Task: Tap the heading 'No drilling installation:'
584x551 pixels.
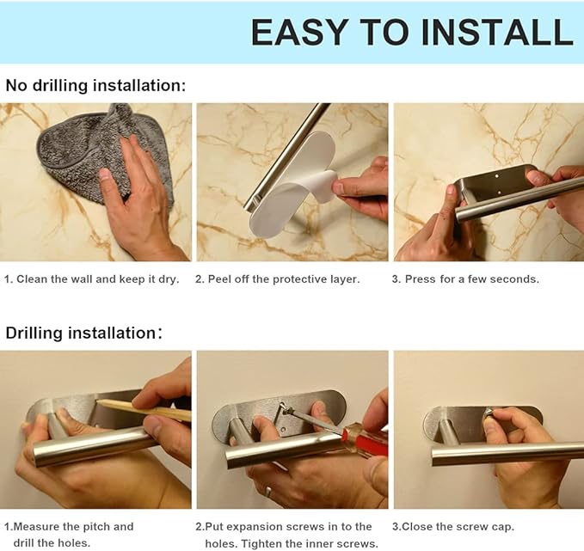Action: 95,86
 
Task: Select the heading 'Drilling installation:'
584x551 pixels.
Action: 83,333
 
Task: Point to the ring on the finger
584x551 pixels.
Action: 268,492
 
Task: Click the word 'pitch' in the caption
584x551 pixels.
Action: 96,527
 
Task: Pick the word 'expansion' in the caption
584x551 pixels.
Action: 253,527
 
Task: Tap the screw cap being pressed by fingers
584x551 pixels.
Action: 489,413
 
